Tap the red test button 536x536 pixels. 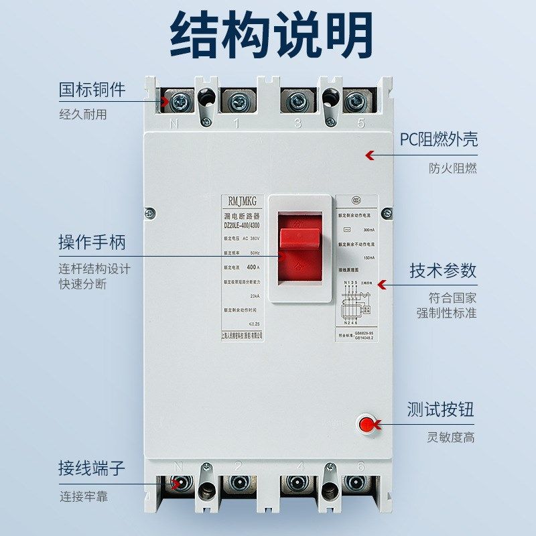(366, 424)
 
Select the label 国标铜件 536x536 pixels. (92, 89)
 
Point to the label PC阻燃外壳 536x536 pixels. (439, 139)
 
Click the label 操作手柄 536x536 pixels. (92, 242)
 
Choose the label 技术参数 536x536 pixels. (443, 270)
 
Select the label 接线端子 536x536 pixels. (92, 468)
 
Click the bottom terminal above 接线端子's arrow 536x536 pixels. (180, 483)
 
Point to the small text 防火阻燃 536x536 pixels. (453, 169)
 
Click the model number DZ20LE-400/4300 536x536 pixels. (243, 226)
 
